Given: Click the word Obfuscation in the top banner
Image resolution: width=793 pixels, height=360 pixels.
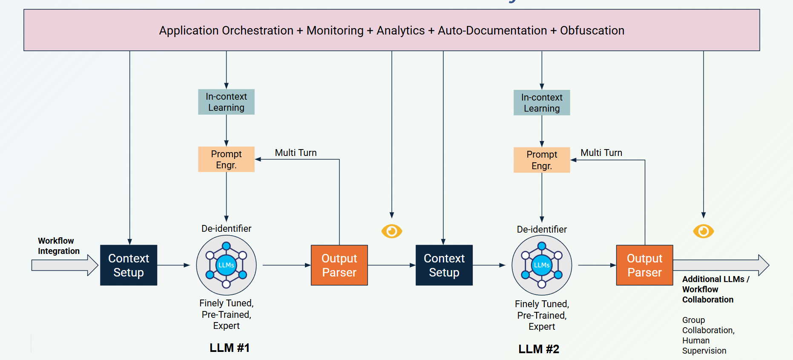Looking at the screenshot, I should [592, 31].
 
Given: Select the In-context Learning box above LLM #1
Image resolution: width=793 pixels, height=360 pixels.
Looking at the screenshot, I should [226, 102].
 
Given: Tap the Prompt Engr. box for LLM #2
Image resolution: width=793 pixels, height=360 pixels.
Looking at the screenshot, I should [542, 160].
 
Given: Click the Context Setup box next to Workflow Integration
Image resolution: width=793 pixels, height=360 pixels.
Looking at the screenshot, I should [129, 265].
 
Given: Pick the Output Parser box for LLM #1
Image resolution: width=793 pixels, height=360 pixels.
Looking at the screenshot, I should [339, 265].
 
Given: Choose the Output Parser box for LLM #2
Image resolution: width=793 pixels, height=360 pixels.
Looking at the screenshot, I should [644, 265].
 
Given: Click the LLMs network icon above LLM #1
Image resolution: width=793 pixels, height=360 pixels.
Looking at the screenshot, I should [226, 265].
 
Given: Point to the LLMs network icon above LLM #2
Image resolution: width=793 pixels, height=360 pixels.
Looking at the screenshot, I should [542, 265].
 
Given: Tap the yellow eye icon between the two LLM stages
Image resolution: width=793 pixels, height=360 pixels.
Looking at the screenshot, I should [392, 231].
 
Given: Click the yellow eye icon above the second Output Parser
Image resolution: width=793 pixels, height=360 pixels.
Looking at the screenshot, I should [703, 231].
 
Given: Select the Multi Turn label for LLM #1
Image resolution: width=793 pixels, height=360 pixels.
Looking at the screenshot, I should [296, 153].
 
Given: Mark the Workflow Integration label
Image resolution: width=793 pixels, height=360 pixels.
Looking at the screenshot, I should [58, 246].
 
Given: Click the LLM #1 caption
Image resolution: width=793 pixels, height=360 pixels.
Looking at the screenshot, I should [229, 348].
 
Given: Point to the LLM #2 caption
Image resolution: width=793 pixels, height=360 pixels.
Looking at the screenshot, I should [538, 349].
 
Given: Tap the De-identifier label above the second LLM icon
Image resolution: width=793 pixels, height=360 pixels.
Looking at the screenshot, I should [542, 229].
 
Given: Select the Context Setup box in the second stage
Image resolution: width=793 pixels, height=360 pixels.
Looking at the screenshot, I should [444, 265].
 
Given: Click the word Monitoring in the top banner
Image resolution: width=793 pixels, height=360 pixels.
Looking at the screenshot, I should [335, 31].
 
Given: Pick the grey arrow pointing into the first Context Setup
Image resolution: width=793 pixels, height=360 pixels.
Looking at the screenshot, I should [64, 265].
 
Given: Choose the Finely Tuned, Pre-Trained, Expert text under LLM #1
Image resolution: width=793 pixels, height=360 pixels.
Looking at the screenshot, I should [226, 314].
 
